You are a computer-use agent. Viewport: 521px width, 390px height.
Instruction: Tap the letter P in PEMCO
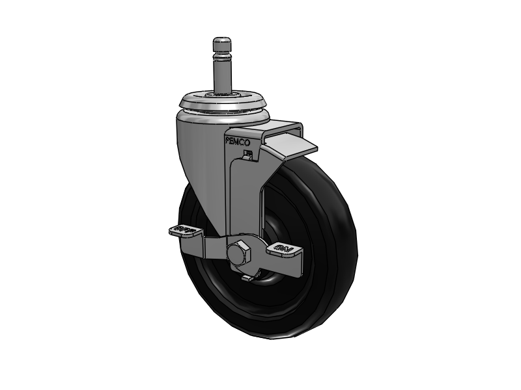[228, 140]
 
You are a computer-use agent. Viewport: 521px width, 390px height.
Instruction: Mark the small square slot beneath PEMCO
[246, 155]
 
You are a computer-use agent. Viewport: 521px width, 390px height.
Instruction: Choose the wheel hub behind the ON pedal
[268, 276]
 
